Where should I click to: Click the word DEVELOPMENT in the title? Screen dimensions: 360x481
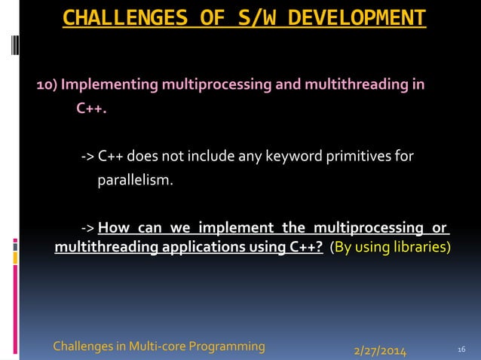pos(351,17)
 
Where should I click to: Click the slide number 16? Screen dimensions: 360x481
pos(463,349)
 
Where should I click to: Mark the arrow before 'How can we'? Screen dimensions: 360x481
pos(87,228)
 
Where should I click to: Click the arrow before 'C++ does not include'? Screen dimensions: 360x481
pos(87,156)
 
